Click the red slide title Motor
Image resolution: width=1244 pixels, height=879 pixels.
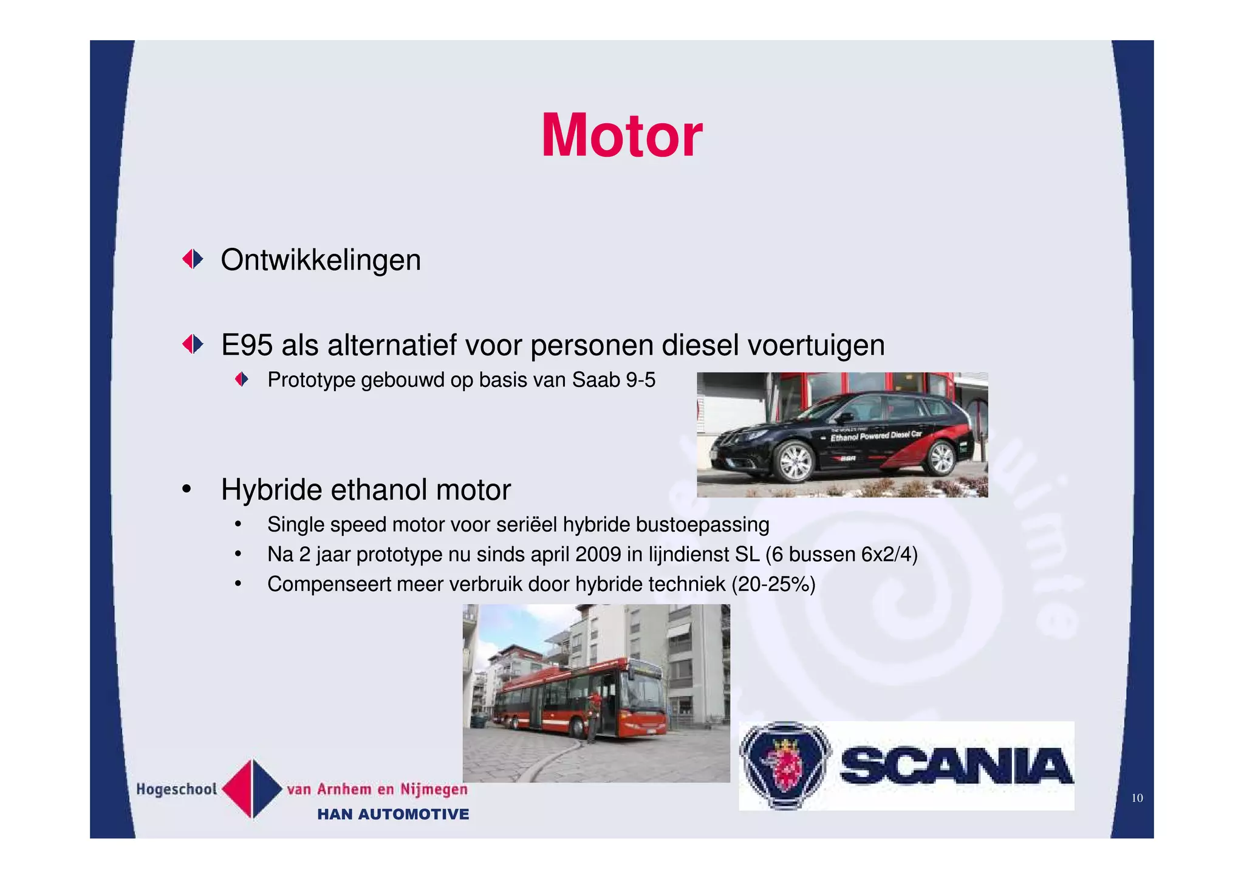click(621, 135)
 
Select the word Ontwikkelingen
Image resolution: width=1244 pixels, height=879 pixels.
click(321, 260)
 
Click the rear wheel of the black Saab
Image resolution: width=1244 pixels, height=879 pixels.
click(941, 457)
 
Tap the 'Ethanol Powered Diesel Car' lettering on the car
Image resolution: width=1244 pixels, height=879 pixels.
click(876, 436)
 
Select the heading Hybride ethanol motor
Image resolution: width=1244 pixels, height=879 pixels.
click(366, 490)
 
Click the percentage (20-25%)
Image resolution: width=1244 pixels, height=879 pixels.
click(773, 584)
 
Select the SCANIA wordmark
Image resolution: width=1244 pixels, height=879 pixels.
click(956, 766)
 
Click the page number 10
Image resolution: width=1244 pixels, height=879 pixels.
click(1136, 798)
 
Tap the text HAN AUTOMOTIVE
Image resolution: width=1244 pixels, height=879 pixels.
click(393, 815)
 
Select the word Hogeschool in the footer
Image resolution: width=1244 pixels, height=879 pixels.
click(176, 789)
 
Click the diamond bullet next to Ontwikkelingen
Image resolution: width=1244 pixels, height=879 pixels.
click(193, 259)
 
